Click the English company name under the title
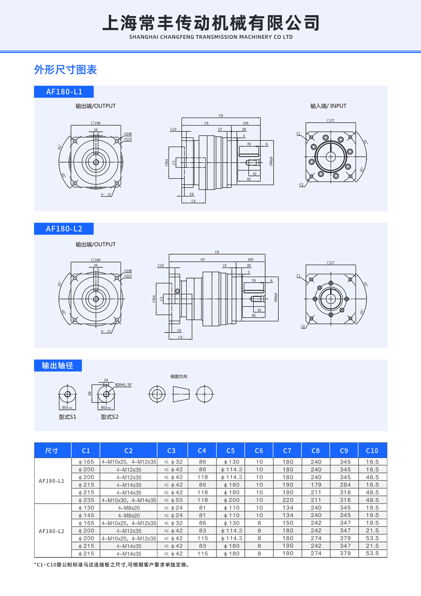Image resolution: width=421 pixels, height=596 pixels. [211, 37]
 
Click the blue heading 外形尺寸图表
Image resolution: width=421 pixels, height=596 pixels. [65, 70]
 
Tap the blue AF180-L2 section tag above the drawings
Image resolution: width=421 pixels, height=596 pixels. [64, 229]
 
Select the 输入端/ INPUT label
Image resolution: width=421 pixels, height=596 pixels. [328, 106]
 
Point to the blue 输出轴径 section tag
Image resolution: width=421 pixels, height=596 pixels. [58, 365]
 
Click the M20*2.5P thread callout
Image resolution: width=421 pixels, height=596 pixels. [123, 385]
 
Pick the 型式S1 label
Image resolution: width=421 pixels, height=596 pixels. [67, 417]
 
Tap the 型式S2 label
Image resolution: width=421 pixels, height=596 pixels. [109, 417]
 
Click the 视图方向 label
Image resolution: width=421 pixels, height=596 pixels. [179, 377]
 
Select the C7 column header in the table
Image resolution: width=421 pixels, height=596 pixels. [287, 450]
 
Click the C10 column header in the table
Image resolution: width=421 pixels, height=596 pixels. [372, 450]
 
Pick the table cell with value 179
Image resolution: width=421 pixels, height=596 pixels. [316, 485]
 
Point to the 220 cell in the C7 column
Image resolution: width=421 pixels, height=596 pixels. [287, 500]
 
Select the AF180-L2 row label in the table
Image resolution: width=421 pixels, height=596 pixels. [52, 531]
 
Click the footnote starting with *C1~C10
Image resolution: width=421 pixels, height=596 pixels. [112, 565]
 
